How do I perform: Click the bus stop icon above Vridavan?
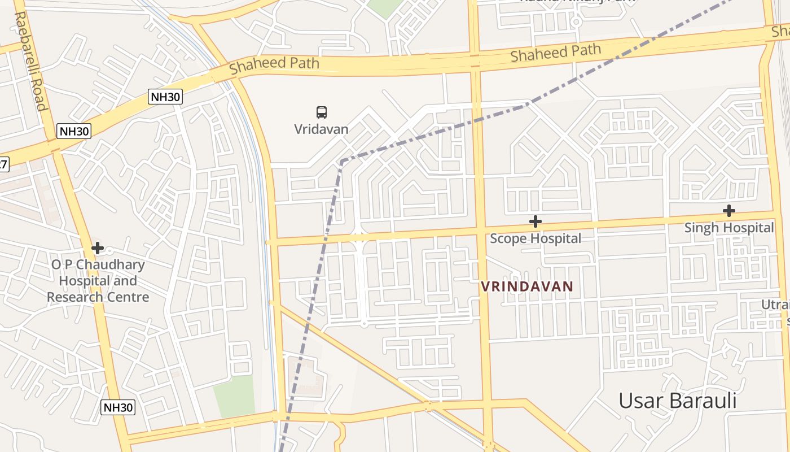[x=322, y=112]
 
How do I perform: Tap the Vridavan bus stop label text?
[x=321, y=129]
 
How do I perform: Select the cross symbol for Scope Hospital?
[x=536, y=221]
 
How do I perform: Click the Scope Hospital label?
[x=536, y=238]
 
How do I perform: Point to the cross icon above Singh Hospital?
[x=729, y=211]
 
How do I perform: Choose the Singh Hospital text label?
[x=729, y=228]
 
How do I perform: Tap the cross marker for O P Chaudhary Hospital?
[x=98, y=247]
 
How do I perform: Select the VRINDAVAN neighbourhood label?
[x=527, y=286]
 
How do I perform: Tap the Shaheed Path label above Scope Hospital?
[x=555, y=53]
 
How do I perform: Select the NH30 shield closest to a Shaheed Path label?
[x=165, y=97]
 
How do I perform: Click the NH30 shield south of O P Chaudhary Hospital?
[x=118, y=407]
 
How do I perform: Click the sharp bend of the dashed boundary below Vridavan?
[x=341, y=162]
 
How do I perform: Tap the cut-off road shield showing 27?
[x=3, y=164]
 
